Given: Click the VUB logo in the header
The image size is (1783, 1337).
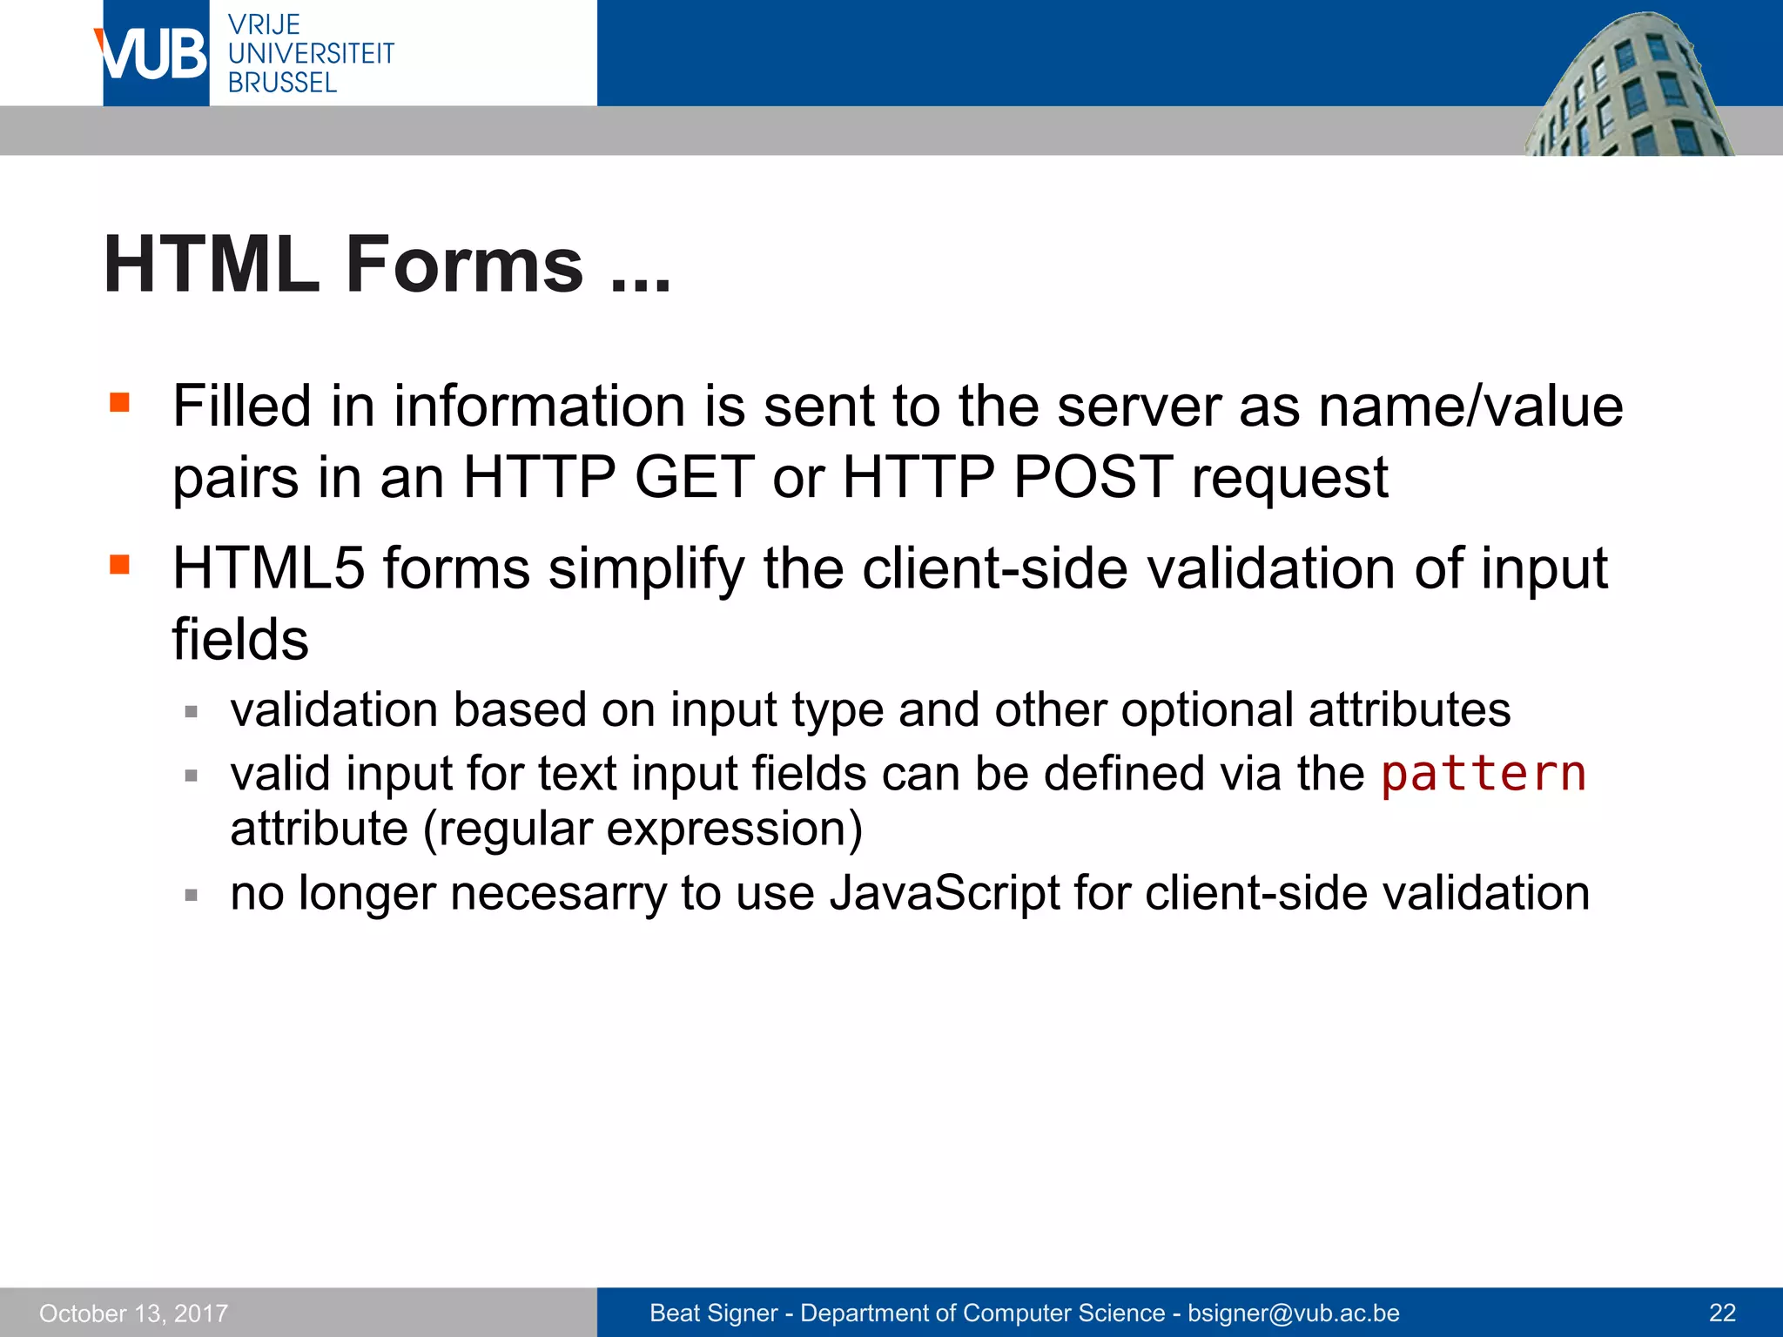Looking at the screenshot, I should (x=155, y=54).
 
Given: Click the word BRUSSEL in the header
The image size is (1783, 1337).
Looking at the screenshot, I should (x=282, y=83).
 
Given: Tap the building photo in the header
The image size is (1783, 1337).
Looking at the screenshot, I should (x=1628, y=87).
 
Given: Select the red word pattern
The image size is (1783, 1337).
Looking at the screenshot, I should (x=1484, y=773).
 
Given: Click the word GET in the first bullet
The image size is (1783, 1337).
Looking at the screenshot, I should (x=694, y=477).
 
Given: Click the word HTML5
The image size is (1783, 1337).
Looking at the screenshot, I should (x=268, y=568).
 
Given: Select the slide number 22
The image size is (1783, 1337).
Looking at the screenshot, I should (x=1722, y=1313).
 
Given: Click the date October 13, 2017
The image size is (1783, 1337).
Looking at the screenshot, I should (x=133, y=1313).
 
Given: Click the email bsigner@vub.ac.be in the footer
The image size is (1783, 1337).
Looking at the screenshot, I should (x=1294, y=1313).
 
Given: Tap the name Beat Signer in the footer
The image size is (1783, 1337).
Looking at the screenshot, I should (x=713, y=1313).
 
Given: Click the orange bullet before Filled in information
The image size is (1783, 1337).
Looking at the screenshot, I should (x=120, y=402).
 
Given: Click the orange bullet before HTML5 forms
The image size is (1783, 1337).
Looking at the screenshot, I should (x=120, y=565).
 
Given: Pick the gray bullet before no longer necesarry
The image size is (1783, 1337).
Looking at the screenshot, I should (x=192, y=894).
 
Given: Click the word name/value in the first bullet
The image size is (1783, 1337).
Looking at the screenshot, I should (x=1470, y=406).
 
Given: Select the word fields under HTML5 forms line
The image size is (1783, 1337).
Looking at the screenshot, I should (x=240, y=640).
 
